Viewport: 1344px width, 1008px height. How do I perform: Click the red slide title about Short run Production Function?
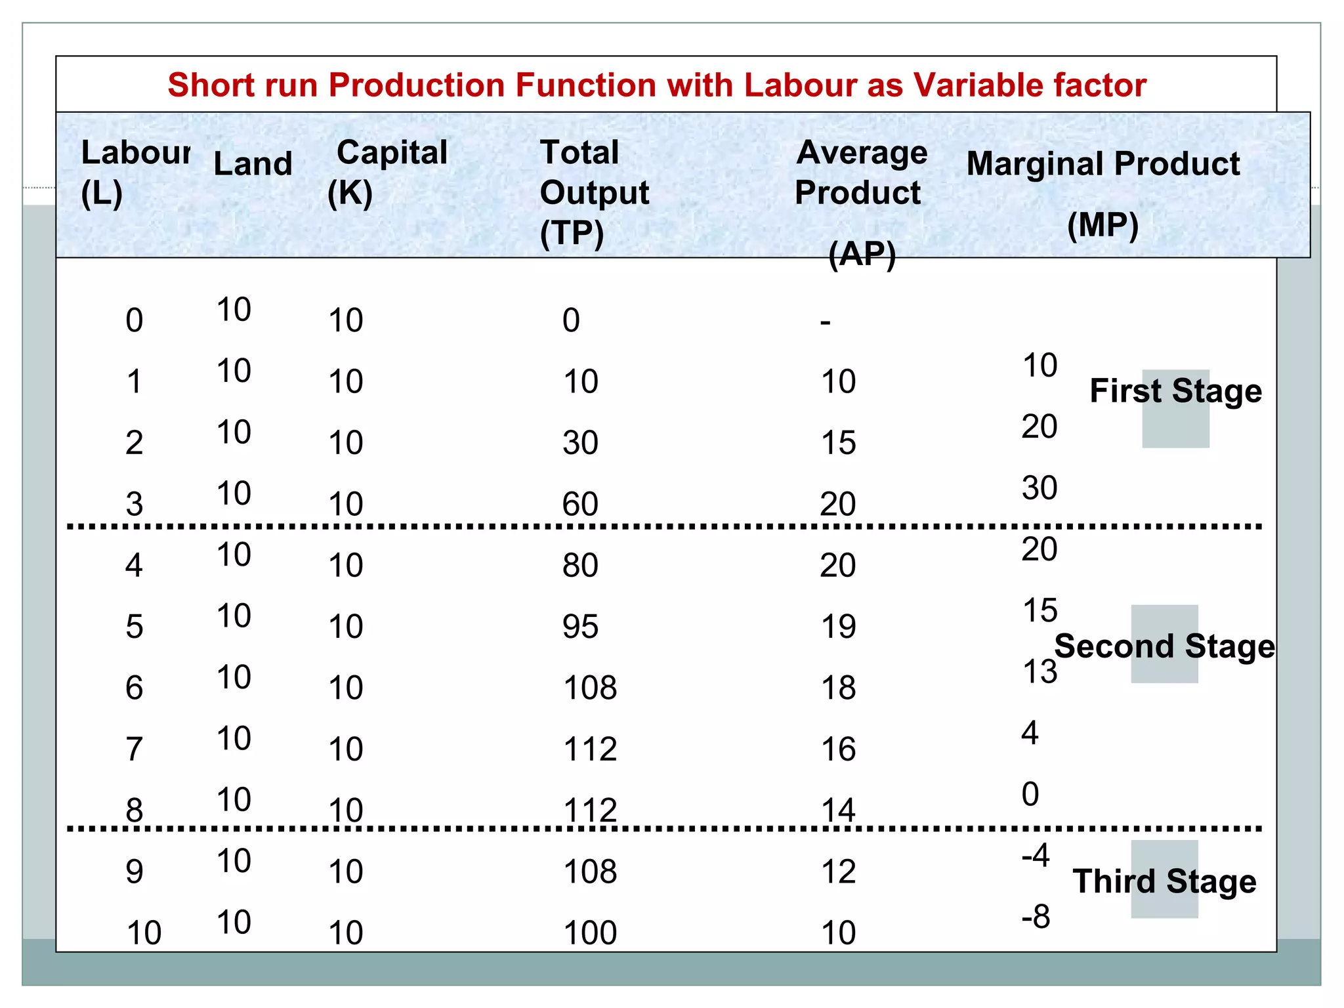[657, 85]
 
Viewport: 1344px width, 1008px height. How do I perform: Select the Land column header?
[253, 163]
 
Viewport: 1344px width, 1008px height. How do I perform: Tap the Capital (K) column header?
[388, 172]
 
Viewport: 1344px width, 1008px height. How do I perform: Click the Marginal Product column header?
[1103, 164]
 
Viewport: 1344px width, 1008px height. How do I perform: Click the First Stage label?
[1175, 391]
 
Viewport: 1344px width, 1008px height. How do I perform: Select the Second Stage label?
[1165, 646]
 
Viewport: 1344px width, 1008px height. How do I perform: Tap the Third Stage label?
[1164, 881]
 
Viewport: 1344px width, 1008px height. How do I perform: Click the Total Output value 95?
[580, 627]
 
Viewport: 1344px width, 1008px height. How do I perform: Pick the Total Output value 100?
[590, 933]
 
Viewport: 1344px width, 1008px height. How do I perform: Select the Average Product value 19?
[838, 627]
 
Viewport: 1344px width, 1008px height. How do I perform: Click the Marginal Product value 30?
[1039, 488]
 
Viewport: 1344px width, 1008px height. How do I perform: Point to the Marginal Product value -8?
[1036, 917]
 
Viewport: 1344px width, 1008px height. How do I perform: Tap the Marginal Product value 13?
[1039, 671]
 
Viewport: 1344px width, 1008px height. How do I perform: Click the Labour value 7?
[134, 749]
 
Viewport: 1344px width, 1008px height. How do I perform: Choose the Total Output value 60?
[580, 504]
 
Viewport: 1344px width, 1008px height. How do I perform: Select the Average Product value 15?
[838, 443]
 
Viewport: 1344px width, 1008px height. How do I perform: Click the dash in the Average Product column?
[825, 322]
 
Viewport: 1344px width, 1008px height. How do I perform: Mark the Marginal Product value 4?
[1030, 733]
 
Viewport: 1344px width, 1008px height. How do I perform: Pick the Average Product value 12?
[838, 871]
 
